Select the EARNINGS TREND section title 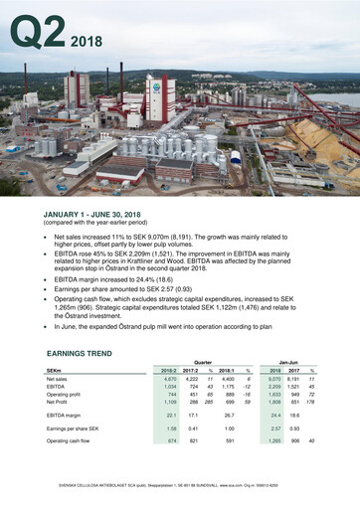pos(87,353)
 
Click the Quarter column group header pos(202,363)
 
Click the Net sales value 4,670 pos(169,379)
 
